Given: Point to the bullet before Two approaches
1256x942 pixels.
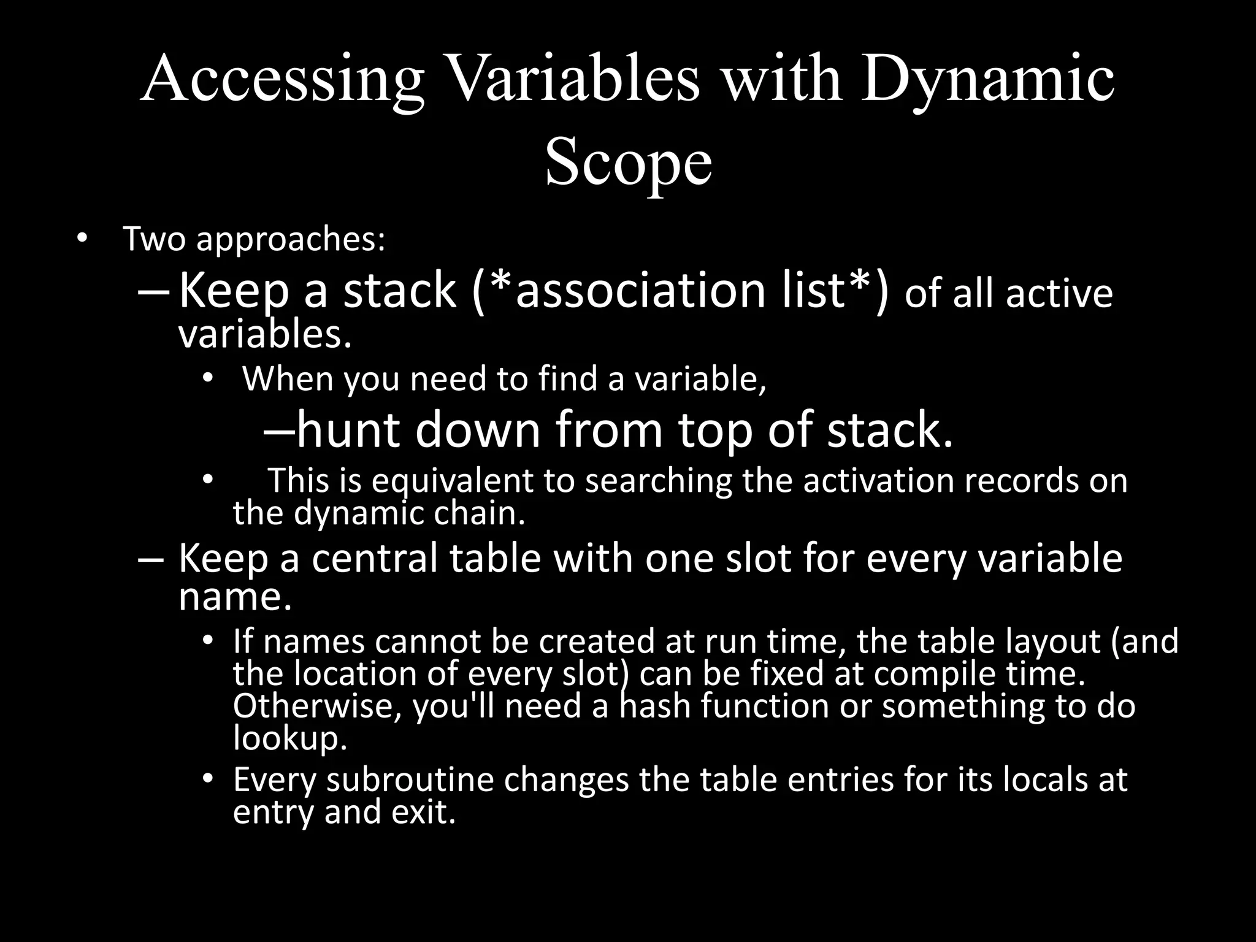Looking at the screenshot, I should coord(82,239).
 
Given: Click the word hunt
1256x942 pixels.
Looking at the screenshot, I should coord(347,430).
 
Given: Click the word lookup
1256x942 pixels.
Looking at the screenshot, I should coord(290,738).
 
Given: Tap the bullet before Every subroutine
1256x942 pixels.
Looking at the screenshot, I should coord(207,779).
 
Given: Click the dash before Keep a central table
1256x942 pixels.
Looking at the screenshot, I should coord(151,559).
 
